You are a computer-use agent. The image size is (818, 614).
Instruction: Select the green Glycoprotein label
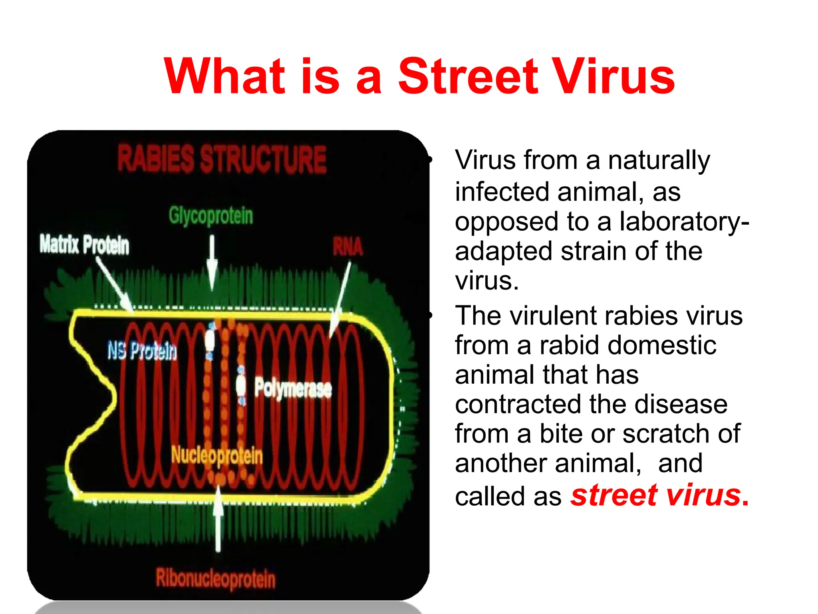click(211, 216)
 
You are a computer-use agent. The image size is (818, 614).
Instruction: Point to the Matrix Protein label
click(84, 244)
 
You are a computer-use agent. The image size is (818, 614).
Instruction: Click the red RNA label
click(348, 247)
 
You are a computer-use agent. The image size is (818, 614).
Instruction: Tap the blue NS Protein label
click(142, 351)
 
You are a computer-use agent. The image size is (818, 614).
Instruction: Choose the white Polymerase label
click(293, 387)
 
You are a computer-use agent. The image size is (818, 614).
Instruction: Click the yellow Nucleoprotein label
click(217, 455)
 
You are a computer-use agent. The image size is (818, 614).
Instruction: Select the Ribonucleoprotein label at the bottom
click(216, 578)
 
